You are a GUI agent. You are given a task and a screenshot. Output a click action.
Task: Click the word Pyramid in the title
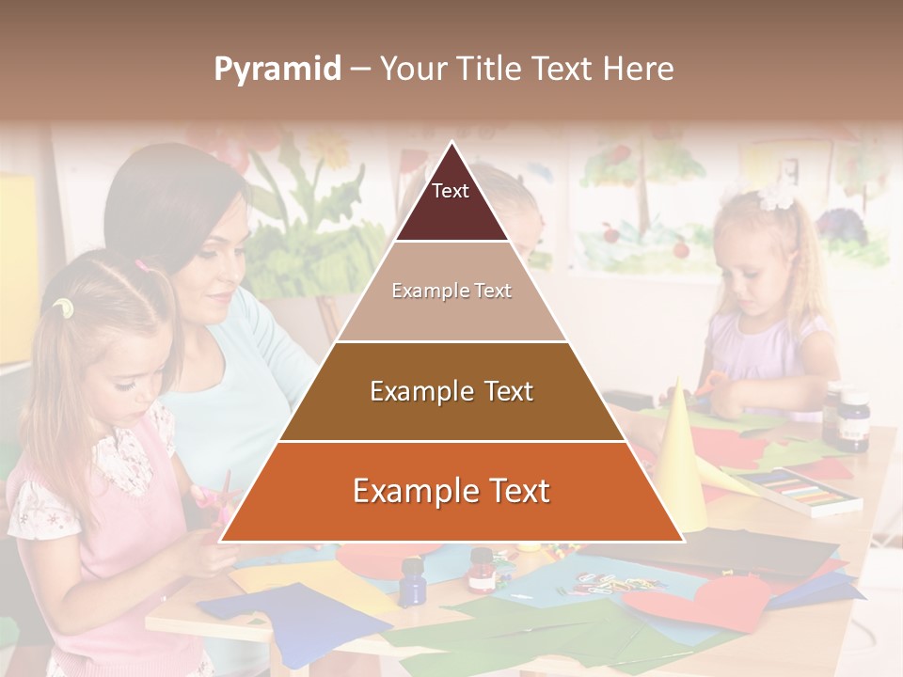click(277, 69)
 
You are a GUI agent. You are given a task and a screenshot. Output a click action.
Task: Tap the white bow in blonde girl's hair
click(776, 195)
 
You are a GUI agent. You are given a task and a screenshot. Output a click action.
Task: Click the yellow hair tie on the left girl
click(63, 307)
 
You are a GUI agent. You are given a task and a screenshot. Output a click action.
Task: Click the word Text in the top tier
click(451, 191)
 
